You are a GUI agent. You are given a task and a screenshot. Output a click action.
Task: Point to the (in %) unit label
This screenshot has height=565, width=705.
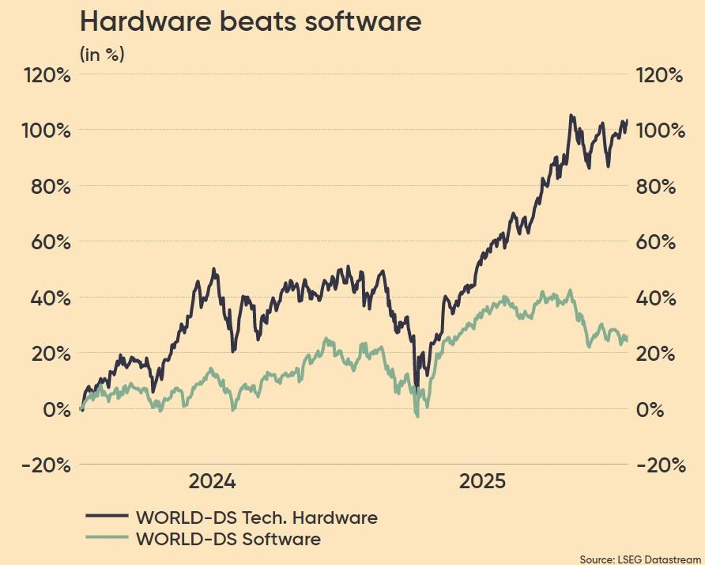(102, 55)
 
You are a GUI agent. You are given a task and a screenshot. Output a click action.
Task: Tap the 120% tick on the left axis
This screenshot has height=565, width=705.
(48, 75)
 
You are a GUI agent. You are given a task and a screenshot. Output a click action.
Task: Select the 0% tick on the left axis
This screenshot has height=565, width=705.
(58, 410)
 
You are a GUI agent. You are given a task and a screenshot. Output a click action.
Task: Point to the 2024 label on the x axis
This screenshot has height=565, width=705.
(213, 482)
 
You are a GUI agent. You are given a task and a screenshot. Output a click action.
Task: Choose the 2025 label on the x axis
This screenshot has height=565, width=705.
(482, 482)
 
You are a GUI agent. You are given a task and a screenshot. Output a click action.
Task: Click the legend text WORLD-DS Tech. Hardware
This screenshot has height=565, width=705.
(257, 518)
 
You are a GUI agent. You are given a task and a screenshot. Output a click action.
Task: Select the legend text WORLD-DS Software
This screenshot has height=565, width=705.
(228, 540)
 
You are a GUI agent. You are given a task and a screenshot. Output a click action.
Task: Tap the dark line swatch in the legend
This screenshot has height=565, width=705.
(106, 516)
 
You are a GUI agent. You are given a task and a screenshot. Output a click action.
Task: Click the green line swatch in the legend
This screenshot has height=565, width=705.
(106, 537)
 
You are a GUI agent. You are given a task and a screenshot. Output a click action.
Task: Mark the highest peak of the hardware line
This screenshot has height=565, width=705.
(571, 116)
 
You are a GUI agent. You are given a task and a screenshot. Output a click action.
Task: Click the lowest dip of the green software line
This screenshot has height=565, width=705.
(417, 415)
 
